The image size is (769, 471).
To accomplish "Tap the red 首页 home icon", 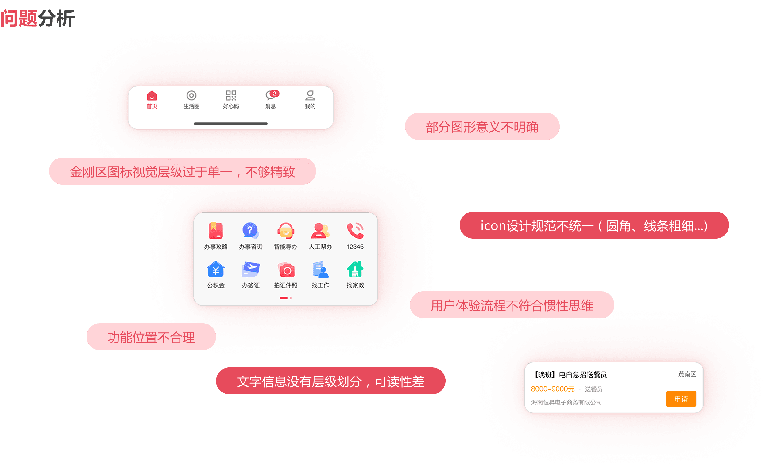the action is (x=152, y=95).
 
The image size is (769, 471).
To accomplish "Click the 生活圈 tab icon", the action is (x=191, y=95).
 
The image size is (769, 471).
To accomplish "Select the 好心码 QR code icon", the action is (x=231, y=95).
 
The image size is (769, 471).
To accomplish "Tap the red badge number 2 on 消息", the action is (x=274, y=93).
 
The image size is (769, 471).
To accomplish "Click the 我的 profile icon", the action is (x=310, y=95).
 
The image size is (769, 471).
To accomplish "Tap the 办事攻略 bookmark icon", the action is (x=216, y=231).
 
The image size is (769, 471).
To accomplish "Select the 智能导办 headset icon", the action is (x=286, y=231).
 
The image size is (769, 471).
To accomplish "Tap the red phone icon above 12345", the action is (x=355, y=231).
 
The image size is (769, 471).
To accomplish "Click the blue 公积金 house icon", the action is (x=216, y=270).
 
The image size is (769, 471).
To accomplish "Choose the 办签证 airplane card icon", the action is (x=250, y=270).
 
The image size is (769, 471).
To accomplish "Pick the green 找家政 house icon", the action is (x=355, y=270).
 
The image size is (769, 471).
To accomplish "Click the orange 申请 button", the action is (x=681, y=399).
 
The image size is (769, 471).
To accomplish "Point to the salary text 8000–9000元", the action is (x=552, y=389).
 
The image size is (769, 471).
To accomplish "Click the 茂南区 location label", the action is (x=687, y=374).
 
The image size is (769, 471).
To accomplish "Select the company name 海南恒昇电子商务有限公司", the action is (x=566, y=402).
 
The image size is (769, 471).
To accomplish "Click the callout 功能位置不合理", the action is (x=151, y=337).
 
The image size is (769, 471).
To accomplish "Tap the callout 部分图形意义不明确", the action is (x=482, y=127).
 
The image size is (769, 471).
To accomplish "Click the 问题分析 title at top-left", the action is (x=37, y=18).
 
